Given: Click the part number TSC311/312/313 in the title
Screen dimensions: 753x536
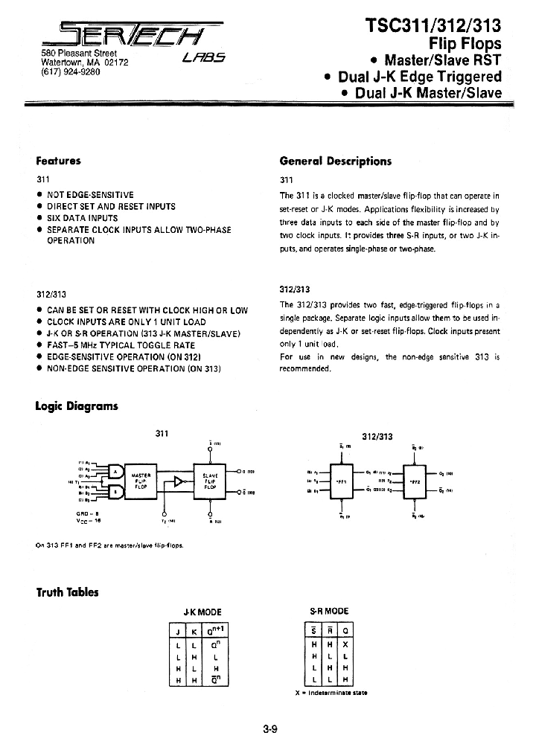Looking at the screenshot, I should coord(434,25).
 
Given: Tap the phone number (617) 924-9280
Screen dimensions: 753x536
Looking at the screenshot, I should coord(63,73).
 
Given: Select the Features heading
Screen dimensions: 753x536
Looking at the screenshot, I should coord(58,160).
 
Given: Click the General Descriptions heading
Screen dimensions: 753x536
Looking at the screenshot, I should coord(335,161).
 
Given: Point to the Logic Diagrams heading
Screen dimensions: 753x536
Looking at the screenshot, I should coord(77,406).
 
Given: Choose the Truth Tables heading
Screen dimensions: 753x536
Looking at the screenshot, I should coord(67,592).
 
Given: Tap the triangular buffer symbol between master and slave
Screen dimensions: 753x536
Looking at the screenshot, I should coord(178,481).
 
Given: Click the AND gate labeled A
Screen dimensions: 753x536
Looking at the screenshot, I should coord(116,470).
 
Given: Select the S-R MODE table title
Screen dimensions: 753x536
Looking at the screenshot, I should coord(329,611).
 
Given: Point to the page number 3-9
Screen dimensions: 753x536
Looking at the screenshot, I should coord(269,730).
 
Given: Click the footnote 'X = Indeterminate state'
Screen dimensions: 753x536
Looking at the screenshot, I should coord(331,692).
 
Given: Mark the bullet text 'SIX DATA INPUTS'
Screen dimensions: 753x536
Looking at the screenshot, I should coord(82,218).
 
